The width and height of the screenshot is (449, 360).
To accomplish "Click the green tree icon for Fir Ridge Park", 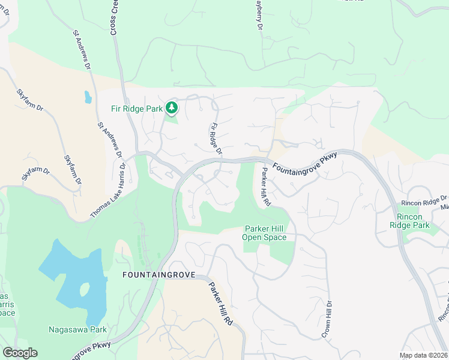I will [172, 108].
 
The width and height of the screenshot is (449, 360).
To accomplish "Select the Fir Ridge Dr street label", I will [215, 139].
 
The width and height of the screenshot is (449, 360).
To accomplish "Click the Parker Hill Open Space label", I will [265, 233].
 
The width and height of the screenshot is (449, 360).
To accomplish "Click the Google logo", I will [20, 353].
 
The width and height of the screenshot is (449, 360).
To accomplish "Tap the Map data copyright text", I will [423, 355].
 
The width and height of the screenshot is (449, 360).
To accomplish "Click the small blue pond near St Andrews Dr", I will [88, 97].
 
